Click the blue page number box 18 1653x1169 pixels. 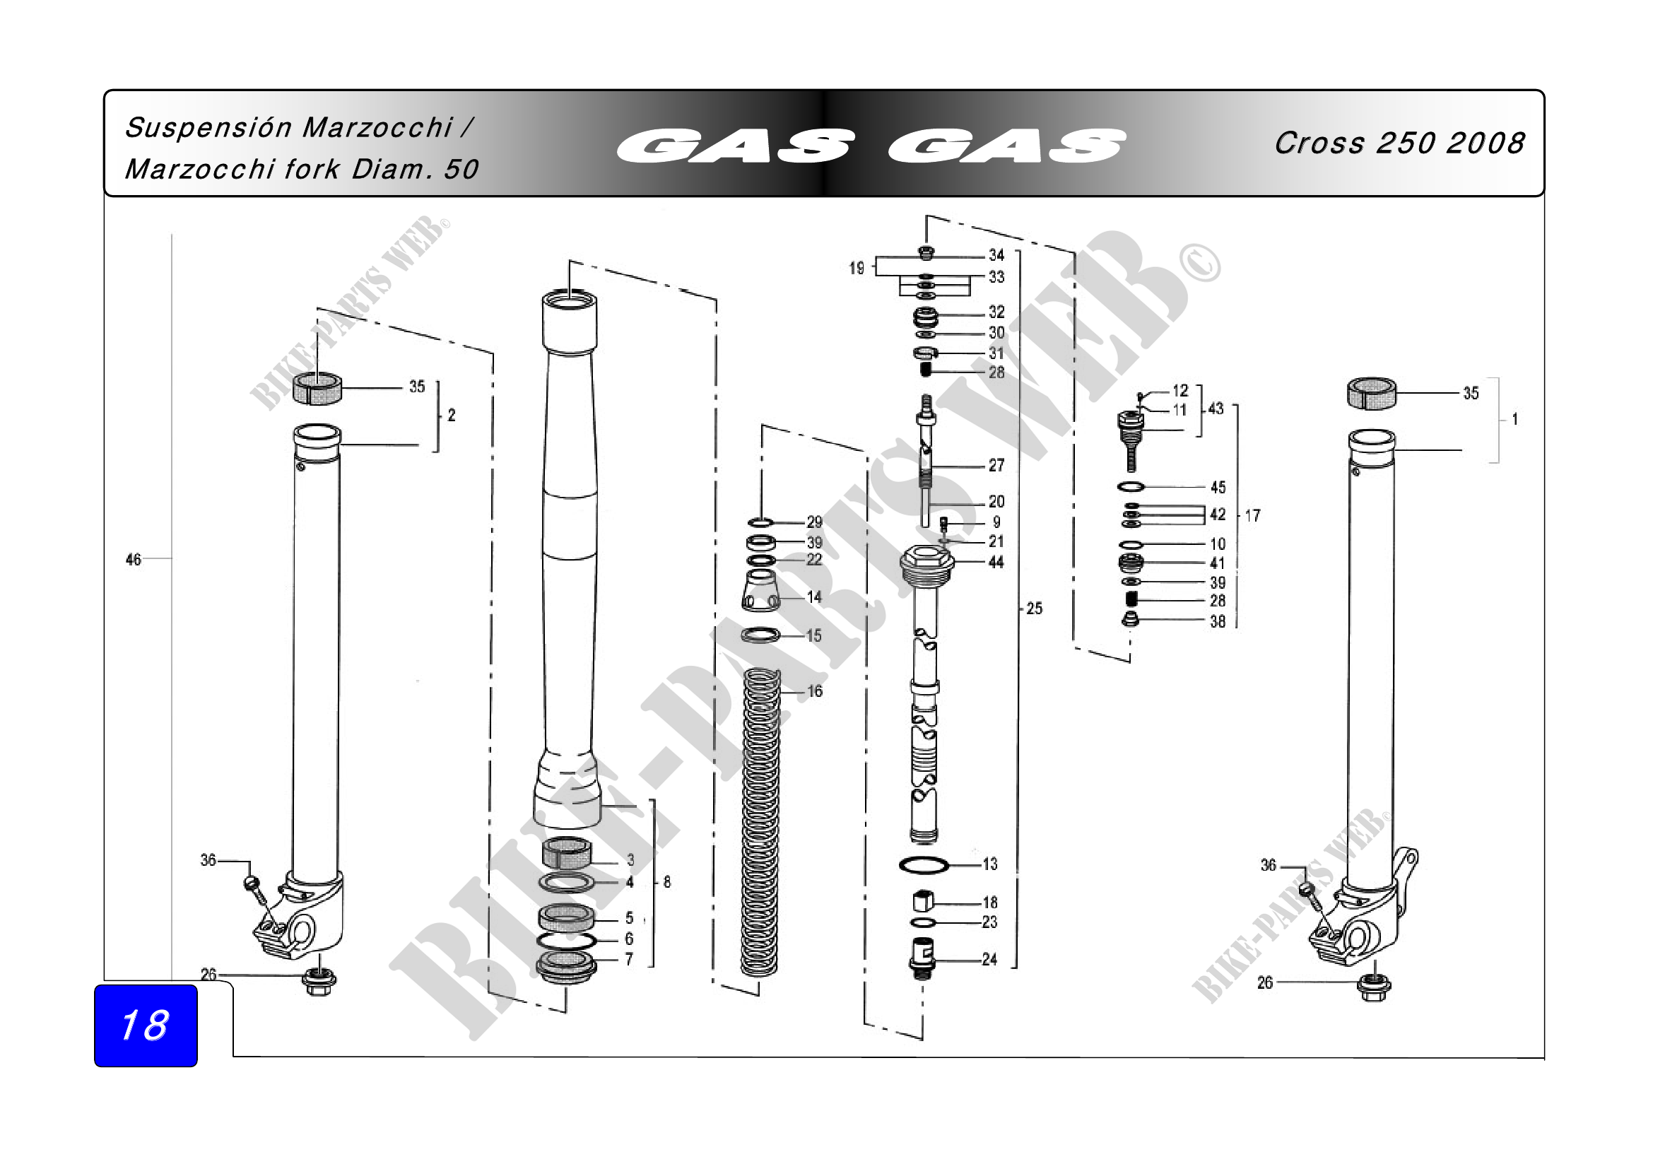[146, 1025]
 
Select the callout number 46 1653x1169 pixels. [133, 559]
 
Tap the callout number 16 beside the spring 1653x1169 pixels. [814, 691]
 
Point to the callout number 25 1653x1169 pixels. [1034, 609]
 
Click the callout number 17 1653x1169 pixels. [1253, 515]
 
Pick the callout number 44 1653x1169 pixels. [996, 562]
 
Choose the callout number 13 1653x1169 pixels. [990, 864]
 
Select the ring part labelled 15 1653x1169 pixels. [761, 635]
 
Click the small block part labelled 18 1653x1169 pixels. [924, 901]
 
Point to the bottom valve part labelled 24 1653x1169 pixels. [922, 958]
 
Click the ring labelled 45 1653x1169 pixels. [1131, 486]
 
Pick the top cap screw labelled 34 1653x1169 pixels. [926, 252]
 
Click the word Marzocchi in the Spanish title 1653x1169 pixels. [377, 127]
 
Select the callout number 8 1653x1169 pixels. [666, 882]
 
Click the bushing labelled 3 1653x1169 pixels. [567, 854]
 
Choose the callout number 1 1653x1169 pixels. [1514, 419]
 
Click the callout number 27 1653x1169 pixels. [996, 465]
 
